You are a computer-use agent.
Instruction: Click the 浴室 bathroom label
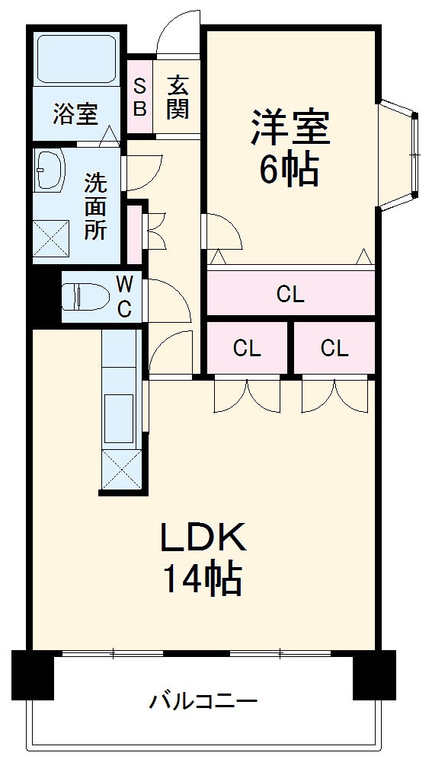(x=75, y=114)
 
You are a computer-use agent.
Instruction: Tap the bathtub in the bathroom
(x=75, y=59)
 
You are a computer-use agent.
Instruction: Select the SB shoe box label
(x=139, y=97)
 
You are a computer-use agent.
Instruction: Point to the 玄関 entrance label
(x=178, y=97)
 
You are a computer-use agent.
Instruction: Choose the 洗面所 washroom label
(x=95, y=206)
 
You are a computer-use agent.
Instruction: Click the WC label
(x=124, y=297)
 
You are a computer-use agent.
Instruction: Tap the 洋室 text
(x=290, y=127)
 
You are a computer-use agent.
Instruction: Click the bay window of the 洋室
(x=398, y=155)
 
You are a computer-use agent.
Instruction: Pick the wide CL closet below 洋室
(x=291, y=293)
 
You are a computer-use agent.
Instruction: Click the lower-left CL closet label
(x=247, y=348)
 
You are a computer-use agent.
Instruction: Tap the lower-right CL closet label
(x=334, y=348)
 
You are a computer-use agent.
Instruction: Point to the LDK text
(x=204, y=537)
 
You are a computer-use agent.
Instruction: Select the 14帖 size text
(x=203, y=579)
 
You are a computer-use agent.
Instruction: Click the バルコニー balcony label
(x=203, y=700)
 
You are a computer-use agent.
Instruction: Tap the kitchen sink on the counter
(x=119, y=418)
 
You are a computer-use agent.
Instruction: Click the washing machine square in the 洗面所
(x=51, y=238)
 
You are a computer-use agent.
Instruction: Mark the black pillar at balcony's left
(x=33, y=674)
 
